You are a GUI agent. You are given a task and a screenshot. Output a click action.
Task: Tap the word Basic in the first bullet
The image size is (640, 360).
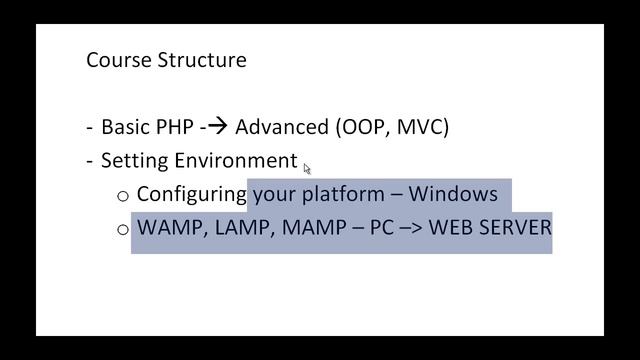tap(126, 127)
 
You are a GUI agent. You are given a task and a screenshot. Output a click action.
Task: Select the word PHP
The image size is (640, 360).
tap(175, 127)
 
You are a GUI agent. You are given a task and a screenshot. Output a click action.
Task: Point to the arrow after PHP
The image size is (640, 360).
tap(217, 127)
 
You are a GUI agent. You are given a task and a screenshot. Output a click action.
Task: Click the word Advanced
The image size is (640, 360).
tap(281, 127)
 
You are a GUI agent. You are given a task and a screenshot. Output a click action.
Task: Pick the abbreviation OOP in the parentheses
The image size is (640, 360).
tap(364, 127)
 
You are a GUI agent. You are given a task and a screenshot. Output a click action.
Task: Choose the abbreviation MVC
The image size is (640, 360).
tap(422, 127)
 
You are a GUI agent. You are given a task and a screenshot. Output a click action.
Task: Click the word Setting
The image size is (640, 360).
tap(135, 161)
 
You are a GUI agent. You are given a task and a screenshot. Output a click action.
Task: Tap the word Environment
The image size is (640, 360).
tap(236, 161)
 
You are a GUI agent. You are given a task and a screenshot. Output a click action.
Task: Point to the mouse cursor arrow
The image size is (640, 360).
tap(307, 168)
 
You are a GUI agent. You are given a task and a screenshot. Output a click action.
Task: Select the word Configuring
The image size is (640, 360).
tap(191, 194)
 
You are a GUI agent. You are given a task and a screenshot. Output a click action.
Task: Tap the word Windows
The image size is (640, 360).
tap(453, 194)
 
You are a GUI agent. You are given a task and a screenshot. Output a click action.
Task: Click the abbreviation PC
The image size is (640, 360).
tap(382, 227)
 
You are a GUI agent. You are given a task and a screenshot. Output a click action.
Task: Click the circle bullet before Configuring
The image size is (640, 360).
tap(123, 195)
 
